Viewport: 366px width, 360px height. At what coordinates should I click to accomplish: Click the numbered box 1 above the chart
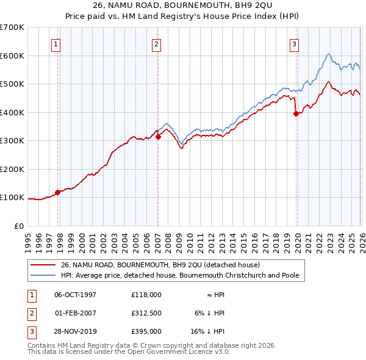56,43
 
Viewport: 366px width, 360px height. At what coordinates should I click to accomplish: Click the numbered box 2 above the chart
156,43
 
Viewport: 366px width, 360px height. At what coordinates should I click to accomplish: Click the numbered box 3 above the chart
294,43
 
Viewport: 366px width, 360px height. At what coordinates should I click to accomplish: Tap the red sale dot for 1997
58,192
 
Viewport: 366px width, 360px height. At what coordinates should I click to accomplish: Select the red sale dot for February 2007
158,137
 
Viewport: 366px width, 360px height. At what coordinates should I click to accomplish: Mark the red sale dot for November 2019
296,113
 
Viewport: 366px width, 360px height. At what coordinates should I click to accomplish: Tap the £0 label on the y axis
19,226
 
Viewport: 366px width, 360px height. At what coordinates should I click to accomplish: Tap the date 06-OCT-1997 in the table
76,294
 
